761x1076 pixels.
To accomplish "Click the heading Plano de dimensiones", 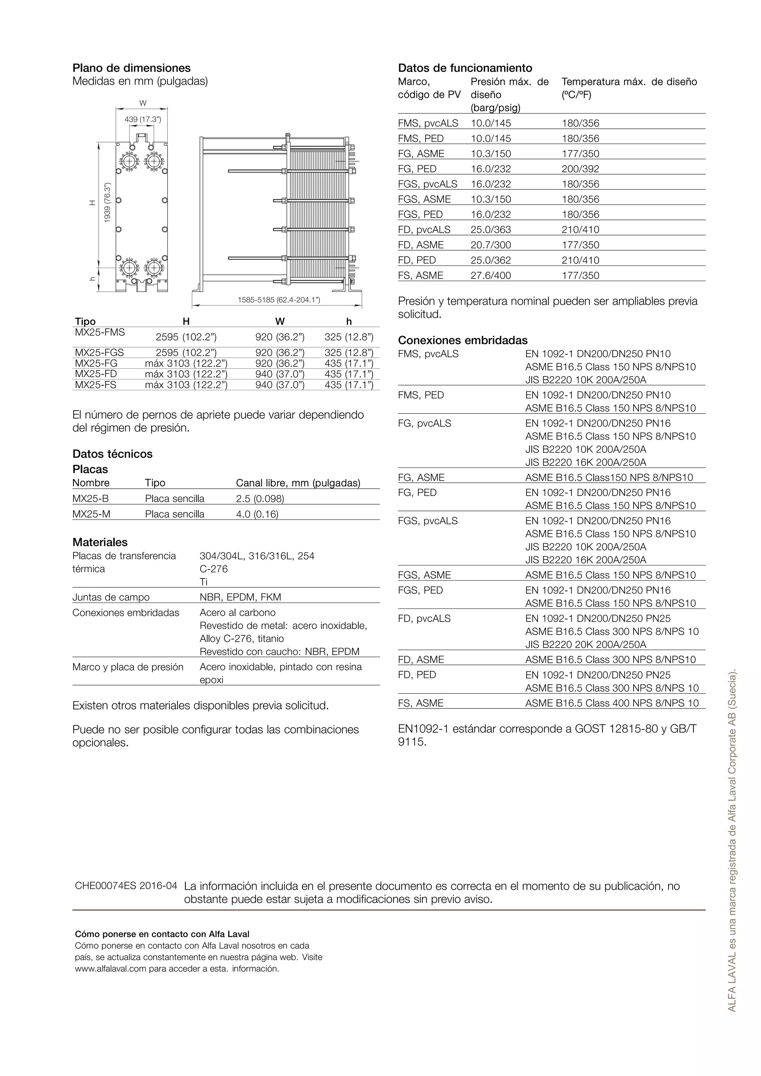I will [131, 68].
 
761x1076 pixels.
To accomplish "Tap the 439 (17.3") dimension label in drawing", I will [143, 120].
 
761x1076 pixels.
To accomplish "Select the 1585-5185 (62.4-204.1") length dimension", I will [279, 300].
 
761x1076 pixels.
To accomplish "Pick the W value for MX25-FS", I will [279, 385].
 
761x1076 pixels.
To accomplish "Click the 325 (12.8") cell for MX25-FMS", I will [349, 337].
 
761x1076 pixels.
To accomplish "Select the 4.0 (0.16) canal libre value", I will [257, 514].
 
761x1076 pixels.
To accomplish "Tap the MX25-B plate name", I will [91, 499].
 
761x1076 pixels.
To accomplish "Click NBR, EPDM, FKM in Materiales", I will [240, 597].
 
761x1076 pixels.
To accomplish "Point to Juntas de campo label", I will [111, 597].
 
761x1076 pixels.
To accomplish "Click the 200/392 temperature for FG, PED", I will [580, 169].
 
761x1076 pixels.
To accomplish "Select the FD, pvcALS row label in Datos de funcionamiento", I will [424, 229].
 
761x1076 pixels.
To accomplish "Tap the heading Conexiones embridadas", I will [462, 340].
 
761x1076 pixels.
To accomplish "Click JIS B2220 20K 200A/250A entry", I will [585, 645].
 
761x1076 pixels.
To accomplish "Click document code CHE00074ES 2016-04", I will [126, 886].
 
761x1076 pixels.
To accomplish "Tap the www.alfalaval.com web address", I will [111, 969].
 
